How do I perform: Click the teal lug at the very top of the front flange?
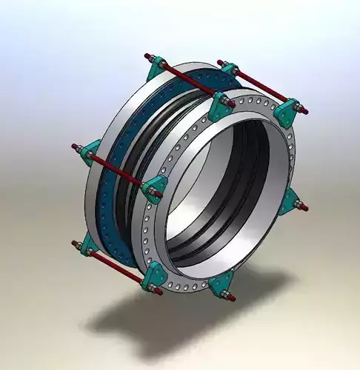coord(220,107)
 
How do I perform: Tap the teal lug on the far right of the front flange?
coord(294,201)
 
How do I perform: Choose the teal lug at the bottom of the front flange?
coord(221,285)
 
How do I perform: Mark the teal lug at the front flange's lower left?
coord(156,275)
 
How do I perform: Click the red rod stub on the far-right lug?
coord(304,206)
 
